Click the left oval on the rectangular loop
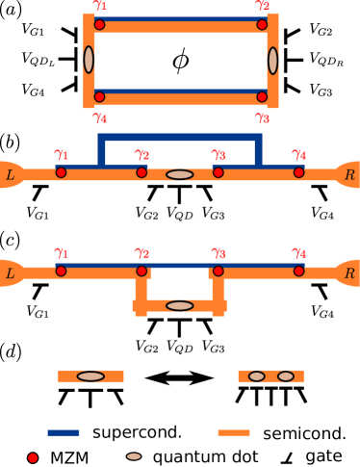coord(89,60)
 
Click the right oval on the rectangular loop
coord(272,61)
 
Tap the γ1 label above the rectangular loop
coord(100,6)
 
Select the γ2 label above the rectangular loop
coord(262,6)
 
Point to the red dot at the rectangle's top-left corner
coord(99,24)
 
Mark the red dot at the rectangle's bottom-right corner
coord(262,96)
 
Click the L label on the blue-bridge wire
coord(11,174)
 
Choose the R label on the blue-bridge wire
coord(349,174)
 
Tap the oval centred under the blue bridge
coord(180,174)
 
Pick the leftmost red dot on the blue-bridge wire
coord(61,172)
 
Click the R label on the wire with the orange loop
coord(349,273)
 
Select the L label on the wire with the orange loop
coord(11,273)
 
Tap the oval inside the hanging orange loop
coord(180,305)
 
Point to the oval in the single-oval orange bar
coord(90,376)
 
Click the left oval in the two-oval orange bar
coord(256,376)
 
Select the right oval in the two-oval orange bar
coord(286,376)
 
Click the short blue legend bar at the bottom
coord(64,432)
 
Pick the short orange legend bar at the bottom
coord(234,432)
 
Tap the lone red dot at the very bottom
coord(33,457)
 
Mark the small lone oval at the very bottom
coord(134,456)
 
